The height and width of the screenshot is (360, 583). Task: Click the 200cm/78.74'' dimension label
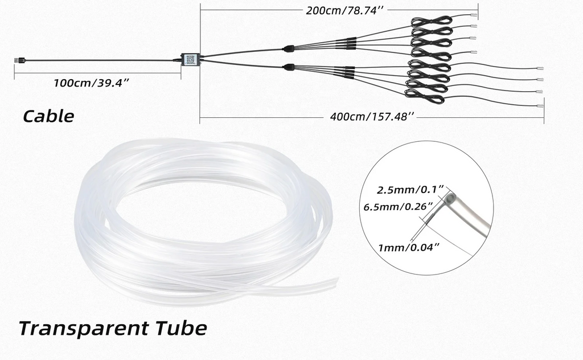[344, 10]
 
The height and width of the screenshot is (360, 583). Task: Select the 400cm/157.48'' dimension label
[372, 116]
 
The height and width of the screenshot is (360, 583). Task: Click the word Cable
[48, 116]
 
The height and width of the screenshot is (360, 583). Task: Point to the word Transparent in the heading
[84, 328]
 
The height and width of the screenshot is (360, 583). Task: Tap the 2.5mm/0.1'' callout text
[410, 190]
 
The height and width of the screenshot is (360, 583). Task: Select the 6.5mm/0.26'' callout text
[398, 207]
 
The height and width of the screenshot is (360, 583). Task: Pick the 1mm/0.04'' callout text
[409, 247]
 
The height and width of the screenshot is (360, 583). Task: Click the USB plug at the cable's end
[20, 60]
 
